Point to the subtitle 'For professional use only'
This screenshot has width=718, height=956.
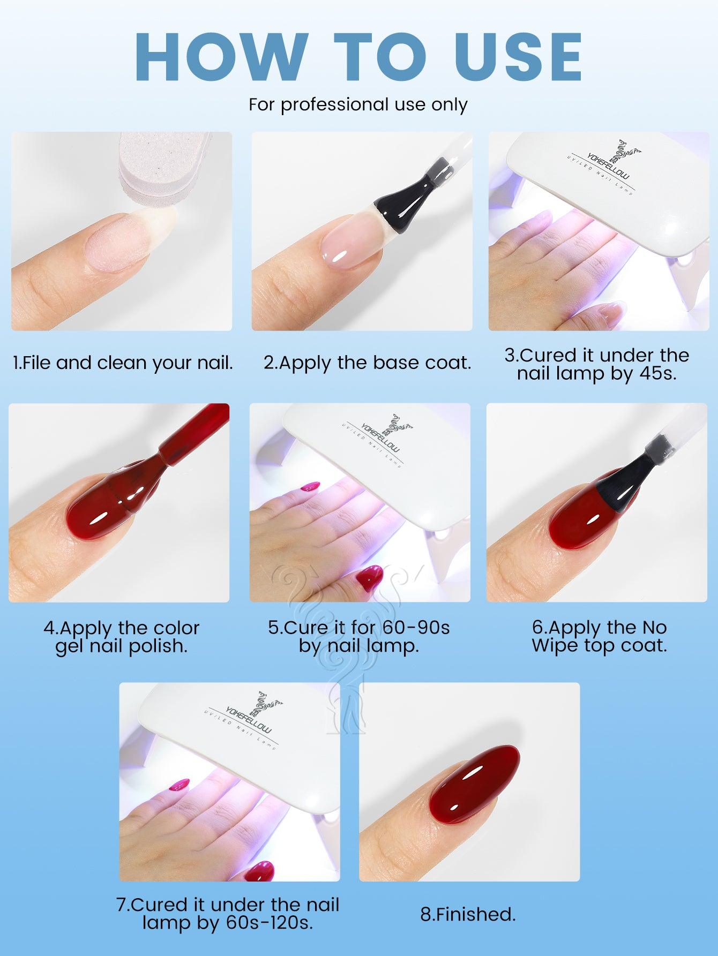pos(358,104)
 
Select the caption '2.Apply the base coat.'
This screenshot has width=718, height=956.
pos(368,363)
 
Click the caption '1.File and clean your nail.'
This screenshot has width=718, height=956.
pos(123,363)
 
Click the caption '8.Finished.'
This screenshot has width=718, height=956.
pos(468,914)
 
